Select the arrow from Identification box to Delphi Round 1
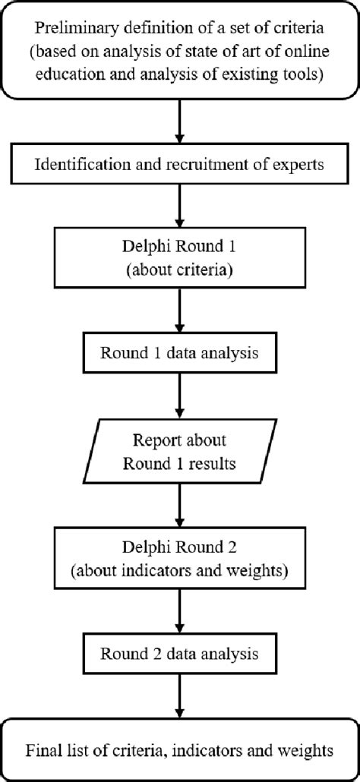pyautogui.click(x=180, y=205)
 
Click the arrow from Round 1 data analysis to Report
pyautogui.click(x=180, y=393)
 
